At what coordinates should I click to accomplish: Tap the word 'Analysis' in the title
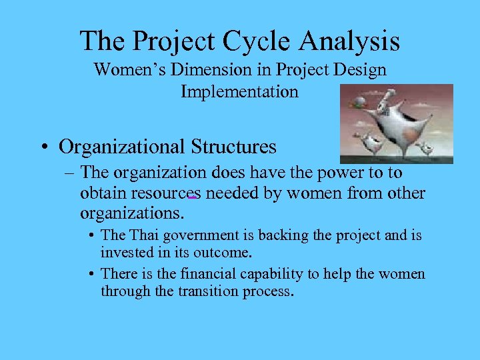point(349,41)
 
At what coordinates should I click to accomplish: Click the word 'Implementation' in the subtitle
point(239,91)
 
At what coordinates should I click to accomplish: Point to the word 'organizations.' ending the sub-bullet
point(132,214)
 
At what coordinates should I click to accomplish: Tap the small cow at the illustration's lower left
point(367,142)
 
